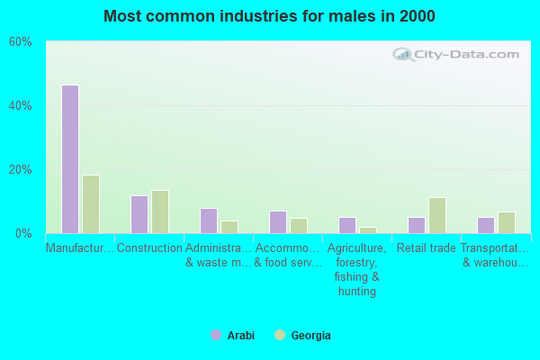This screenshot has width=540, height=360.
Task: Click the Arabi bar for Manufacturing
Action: click(x=69, y=159)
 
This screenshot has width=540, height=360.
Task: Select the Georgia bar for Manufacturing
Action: click(x=91, y=204)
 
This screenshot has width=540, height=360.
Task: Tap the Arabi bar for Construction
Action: click(x=139, y=214)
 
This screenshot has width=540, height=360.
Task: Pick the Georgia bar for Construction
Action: click(x=160, y=211)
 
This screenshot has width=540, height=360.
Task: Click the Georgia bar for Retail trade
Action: click(x=437, y=215)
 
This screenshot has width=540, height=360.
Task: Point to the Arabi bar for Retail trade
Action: click(x=416, y=225)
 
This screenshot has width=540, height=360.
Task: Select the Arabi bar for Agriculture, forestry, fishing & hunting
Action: click(x=346, y=225)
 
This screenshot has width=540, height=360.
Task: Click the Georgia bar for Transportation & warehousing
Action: click(x=507, y=222)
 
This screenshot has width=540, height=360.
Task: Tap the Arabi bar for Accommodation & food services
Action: click(x=277, y=222)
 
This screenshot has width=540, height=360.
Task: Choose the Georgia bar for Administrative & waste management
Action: click(x=229, y=227)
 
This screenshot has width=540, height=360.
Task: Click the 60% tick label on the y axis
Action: click(x=20, y=42)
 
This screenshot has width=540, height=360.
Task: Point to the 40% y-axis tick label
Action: click(x=20, y=106)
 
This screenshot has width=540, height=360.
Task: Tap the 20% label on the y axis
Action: click(x=20, y=170)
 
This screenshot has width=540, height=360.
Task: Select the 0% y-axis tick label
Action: click(x=23, y=234)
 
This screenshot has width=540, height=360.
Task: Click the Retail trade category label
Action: click(x=427, y=248)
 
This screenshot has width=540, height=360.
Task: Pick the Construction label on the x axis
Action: click(x=149, y=248)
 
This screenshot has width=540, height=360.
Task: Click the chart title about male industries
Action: click(x=269, y=16)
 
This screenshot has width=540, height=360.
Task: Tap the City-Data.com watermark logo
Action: click(x=457, y=55)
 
